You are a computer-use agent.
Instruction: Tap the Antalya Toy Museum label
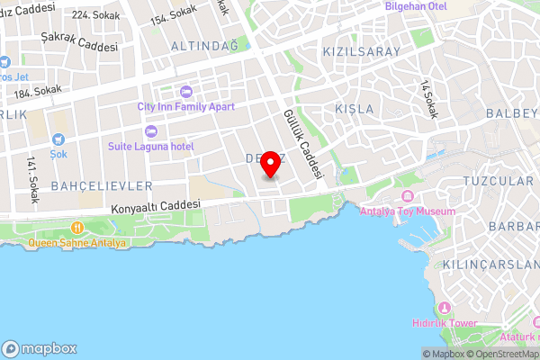click(x=407, y=211)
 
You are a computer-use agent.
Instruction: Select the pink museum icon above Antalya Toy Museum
click(x=407, y=197)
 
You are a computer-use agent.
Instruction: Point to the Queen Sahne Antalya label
click(x=77, y=242)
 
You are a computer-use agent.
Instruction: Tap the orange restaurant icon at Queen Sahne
click(x=77, y=228)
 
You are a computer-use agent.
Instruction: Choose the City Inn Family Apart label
click(x=185, y=106)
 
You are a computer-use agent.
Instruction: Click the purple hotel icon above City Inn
click(x=185, y=91)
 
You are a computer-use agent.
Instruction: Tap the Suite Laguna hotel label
click(x=150, y=146)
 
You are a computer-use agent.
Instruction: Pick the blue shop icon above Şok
click(x=58, y=139)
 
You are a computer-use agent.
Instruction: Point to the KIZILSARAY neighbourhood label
click(x=360, y=52)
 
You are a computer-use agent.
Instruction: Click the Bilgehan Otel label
click(x=441, y=5)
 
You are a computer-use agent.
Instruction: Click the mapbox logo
click(x=40, y=348)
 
